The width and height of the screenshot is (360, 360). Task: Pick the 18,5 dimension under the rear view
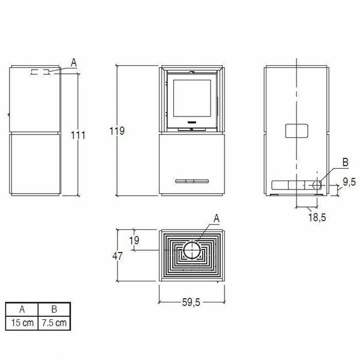click(x=317, y=217)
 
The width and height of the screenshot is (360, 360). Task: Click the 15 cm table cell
click(x=21, y=323)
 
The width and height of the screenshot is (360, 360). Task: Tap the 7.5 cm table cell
click(x=54, y=323)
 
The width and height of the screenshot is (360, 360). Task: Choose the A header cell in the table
click(x=21, y=311)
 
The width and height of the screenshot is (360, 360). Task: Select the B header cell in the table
click(x=54, y=311)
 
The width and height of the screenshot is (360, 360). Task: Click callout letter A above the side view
click(x=73, y=61)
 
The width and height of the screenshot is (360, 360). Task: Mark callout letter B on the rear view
click(x=328, y=162)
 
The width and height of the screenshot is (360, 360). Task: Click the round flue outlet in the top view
click(x=192, y=250)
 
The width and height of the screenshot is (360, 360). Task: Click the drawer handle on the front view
click(x=190, y=180)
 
